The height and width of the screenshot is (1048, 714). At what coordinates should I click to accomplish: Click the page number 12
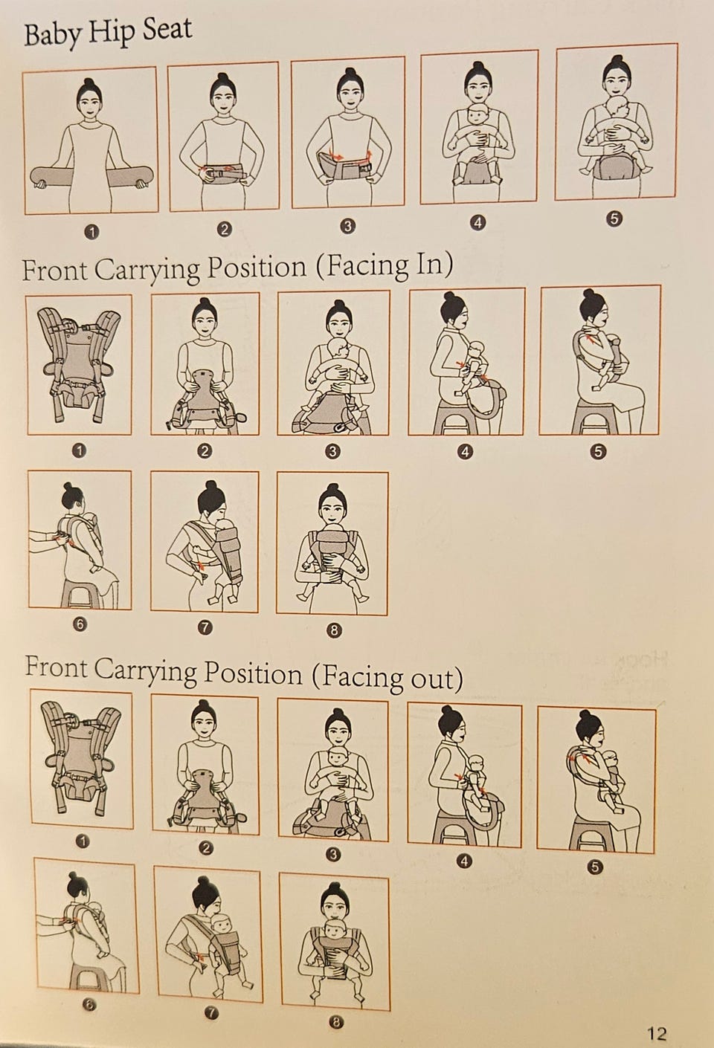coord(657,1032)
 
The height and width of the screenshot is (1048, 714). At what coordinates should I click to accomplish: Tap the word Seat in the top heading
coord(167,30)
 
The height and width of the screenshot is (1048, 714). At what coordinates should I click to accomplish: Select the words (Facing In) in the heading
coord(385,265)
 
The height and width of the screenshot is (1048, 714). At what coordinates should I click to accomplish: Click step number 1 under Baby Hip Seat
coord(92,232)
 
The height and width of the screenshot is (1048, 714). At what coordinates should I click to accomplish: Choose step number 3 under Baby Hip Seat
coord(347,227)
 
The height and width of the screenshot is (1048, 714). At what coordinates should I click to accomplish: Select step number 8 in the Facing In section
coord(333,630)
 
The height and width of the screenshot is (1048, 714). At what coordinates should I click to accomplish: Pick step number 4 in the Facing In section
coord(465,452)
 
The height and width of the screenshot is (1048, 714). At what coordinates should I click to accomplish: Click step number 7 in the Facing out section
coord(212,1013)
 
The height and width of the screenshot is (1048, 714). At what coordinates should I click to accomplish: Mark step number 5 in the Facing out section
coord(594,867)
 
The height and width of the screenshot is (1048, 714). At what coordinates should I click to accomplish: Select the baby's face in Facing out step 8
coord(334,931)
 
